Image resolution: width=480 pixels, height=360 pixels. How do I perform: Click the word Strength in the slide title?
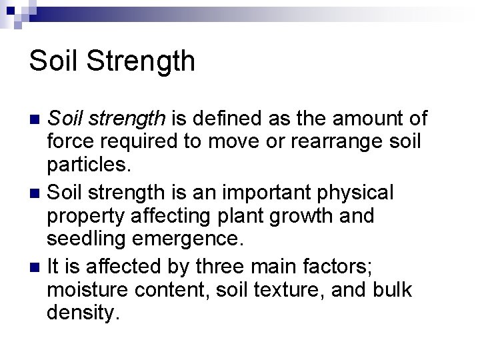tap(142, 61)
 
